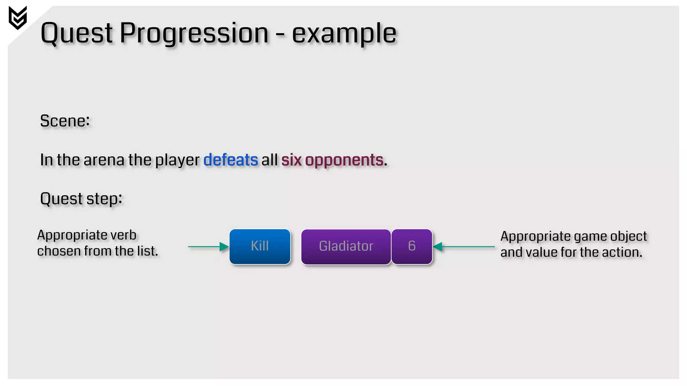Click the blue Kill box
coord(260,247)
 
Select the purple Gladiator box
coord(346,247)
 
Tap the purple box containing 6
coord(412,247)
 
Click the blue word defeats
coord(230,160)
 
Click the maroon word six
coord(291,160)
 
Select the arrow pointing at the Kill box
coord(208,247)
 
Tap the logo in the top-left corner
coord(18,17)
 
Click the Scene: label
coord(65,121)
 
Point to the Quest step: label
coord(81,199)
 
